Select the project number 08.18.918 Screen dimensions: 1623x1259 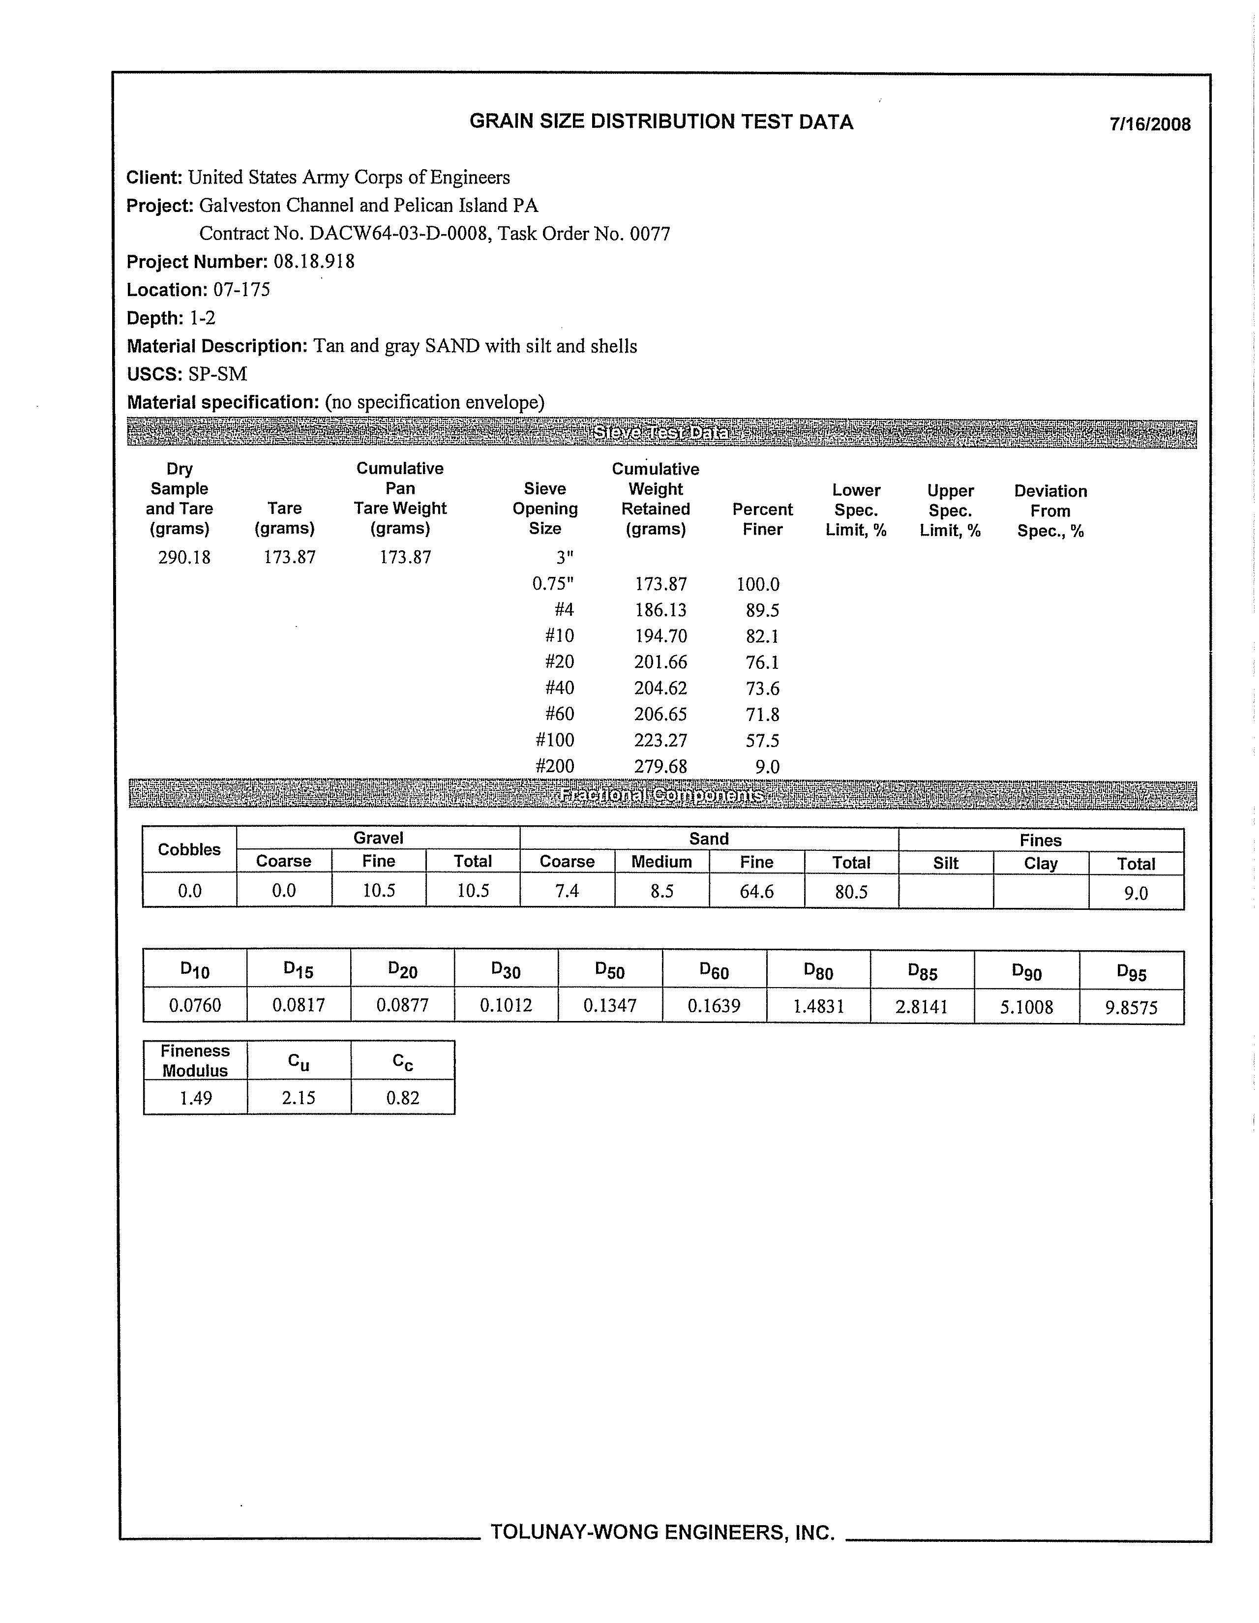point(314,262)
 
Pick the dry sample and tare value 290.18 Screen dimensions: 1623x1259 point(184,557)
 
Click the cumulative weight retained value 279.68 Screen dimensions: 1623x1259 point(660,766)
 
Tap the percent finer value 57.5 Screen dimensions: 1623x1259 point(763,740)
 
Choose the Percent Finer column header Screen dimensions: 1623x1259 point(763,519)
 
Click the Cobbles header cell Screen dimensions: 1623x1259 point(189,849)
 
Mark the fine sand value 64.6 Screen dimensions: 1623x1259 point(756,891)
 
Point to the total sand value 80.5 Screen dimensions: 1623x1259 point(851,892)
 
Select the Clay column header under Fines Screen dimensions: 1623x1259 point(1041,864)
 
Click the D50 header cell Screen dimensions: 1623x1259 point(609,970)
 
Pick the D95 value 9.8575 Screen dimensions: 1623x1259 point(1131,1008)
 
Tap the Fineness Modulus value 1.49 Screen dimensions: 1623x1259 point(195,1098)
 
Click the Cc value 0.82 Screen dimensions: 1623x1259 point(403,1098)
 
